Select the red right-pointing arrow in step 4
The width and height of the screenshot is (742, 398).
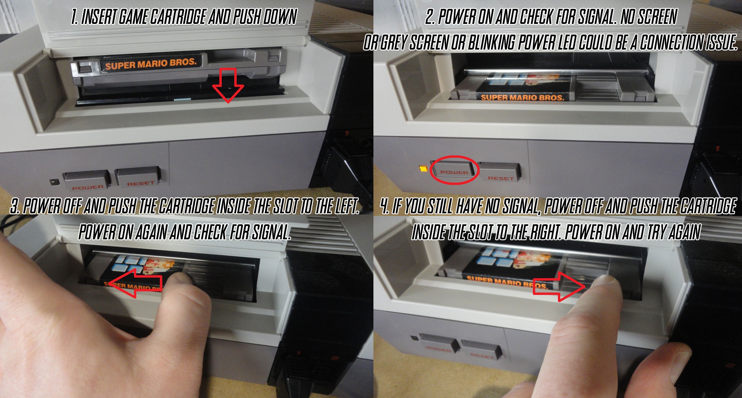click(559, 287)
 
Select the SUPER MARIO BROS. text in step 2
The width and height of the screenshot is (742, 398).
click(522, 97)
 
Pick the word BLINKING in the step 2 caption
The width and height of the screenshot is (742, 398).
click(490, 42)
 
